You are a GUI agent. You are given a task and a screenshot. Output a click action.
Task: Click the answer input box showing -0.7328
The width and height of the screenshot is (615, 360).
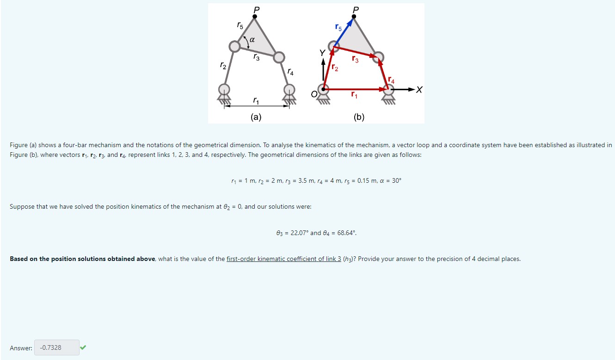point(56,348)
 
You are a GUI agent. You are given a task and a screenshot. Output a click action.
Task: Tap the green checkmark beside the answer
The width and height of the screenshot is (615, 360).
point(83,347)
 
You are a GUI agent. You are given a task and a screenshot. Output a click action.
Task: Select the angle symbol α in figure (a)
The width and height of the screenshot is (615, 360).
point(252,40)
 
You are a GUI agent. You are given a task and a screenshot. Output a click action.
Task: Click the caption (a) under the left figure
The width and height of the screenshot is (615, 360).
point(256,117)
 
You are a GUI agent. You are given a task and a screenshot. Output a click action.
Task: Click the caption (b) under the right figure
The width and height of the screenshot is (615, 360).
point(359,117)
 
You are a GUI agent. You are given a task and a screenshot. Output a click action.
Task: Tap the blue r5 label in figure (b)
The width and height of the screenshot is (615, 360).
point(338,28)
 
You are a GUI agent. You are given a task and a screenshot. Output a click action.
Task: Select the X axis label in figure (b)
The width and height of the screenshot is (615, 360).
point(418,90)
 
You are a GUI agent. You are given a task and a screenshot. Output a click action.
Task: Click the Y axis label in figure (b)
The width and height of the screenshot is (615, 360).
point(322,54)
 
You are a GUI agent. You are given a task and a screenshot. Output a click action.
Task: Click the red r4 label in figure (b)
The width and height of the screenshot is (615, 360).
point(391,81)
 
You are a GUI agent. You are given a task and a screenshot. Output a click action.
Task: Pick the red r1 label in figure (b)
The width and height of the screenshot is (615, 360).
point(354,96)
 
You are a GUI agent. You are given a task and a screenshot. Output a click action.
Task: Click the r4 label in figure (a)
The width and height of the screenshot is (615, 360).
point(290,72)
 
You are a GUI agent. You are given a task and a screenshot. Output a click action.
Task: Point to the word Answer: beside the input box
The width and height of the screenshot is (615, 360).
point(21,348)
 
